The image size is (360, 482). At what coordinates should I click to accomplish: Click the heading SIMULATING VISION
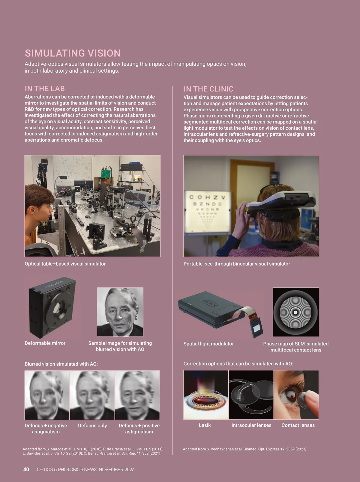click(73, 53)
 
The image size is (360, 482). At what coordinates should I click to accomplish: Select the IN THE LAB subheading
click(45, 89)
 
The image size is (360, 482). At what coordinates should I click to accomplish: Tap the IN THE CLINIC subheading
click(208, 89)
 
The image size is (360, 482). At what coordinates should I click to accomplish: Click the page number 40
click(26, 469)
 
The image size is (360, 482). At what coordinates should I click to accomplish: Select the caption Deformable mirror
click(45, 343)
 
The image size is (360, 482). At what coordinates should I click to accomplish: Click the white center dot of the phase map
click(295, 312)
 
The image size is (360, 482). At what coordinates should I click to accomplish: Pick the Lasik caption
click(205, 425)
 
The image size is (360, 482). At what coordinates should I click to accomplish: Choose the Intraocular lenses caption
click(251, 425)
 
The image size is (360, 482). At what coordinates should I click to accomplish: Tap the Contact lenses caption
click(298, 425)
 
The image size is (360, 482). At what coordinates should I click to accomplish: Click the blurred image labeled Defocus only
click(92, 395)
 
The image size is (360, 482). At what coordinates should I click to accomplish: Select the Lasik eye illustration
click(206, 395)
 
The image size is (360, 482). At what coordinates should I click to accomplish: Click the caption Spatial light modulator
click(208, 344)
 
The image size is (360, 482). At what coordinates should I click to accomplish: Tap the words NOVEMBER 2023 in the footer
click(117, 469)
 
